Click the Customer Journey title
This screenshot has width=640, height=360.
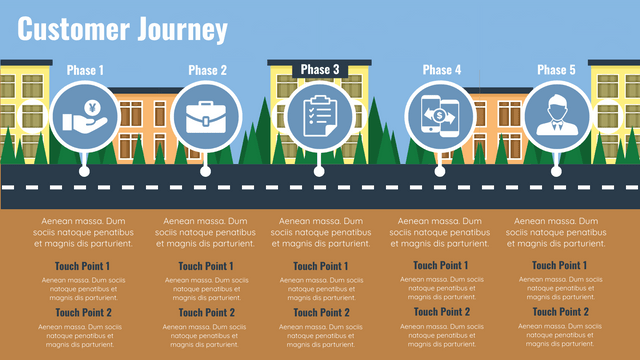pos(123,30)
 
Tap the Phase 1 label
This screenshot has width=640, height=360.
pos(85,70)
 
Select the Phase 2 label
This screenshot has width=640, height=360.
pos(207,70)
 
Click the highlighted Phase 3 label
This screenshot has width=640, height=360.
pos(320,69)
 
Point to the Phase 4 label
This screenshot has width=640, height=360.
pos(442,70)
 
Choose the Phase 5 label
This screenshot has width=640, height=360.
pos(556,70)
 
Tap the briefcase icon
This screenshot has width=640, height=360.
pos(205,116)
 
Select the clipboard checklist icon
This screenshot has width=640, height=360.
pos(319,116)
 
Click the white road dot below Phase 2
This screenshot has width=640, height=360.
pos(205,171)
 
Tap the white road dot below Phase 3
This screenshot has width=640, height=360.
pos(319,171)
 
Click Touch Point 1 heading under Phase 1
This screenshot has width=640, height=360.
pos(84,266)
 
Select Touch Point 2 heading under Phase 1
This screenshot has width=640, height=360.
pos(84,312)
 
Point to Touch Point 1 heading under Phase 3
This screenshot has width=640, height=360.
pos(320,266)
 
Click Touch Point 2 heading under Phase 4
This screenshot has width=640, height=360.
pos(441,311)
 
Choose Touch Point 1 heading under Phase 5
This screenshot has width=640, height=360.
pos(559,265)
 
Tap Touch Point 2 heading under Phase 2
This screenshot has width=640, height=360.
pos(206,312)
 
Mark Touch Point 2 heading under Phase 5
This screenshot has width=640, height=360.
pos(559,311)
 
